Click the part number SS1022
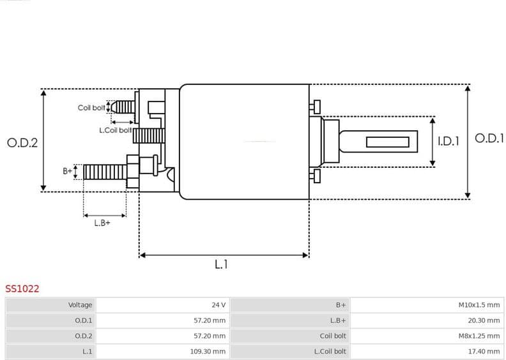[22, 289]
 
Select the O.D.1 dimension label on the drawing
[489, 139]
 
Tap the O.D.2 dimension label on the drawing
[22, 143]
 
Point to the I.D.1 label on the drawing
[448, 142]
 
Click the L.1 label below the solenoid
[221, 264]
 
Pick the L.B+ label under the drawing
[102, 223]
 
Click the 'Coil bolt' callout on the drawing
[91, 108]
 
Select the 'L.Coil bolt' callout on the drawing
[115, 130]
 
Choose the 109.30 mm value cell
[210, 351]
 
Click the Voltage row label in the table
[80, 305]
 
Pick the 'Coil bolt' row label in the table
[333, 336]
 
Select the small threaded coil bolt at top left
[125, 107]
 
